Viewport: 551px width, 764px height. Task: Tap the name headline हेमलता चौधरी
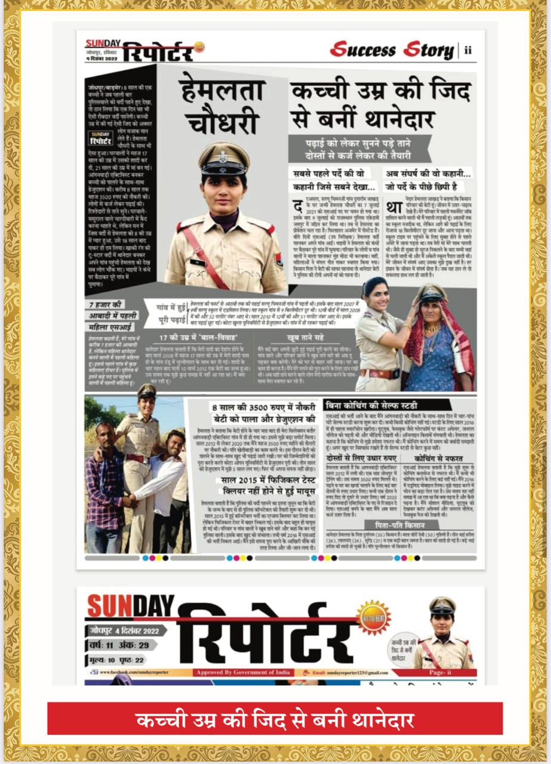pyautogui.click(x=222, y=104)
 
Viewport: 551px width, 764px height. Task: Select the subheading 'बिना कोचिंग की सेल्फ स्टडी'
pyautogui.click(x=375, y=405)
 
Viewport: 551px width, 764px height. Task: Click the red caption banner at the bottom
pyautogui.click(x=275, y=719)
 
